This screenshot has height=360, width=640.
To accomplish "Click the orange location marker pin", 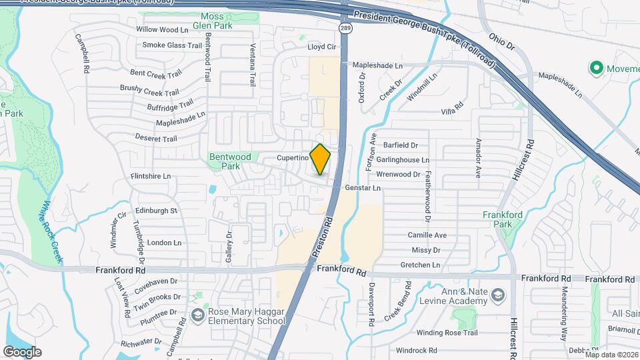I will tap(321, 159).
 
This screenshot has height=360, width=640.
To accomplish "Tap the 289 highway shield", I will tap(345, 28).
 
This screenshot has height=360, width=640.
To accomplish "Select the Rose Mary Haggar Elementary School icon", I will tap(197, 315).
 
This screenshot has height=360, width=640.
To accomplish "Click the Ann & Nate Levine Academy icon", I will tap(497, 295).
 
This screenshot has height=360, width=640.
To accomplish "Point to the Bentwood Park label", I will tap(230, 161).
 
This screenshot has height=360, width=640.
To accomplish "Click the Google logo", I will tap(22, 351).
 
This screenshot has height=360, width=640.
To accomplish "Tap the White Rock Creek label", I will tap(52, 225).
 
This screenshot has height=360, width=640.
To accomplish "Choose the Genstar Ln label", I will tap(363, 189).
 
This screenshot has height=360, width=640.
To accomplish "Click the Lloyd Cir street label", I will tap(322, 47).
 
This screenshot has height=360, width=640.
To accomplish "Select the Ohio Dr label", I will tap(501, 41).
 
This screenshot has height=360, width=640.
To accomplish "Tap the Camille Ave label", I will tap(427, 235).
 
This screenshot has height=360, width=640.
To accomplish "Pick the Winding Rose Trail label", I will tap(447, 332).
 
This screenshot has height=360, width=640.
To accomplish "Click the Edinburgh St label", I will tap(155, 211).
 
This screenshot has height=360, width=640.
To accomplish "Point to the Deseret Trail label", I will tap(155, 139).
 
